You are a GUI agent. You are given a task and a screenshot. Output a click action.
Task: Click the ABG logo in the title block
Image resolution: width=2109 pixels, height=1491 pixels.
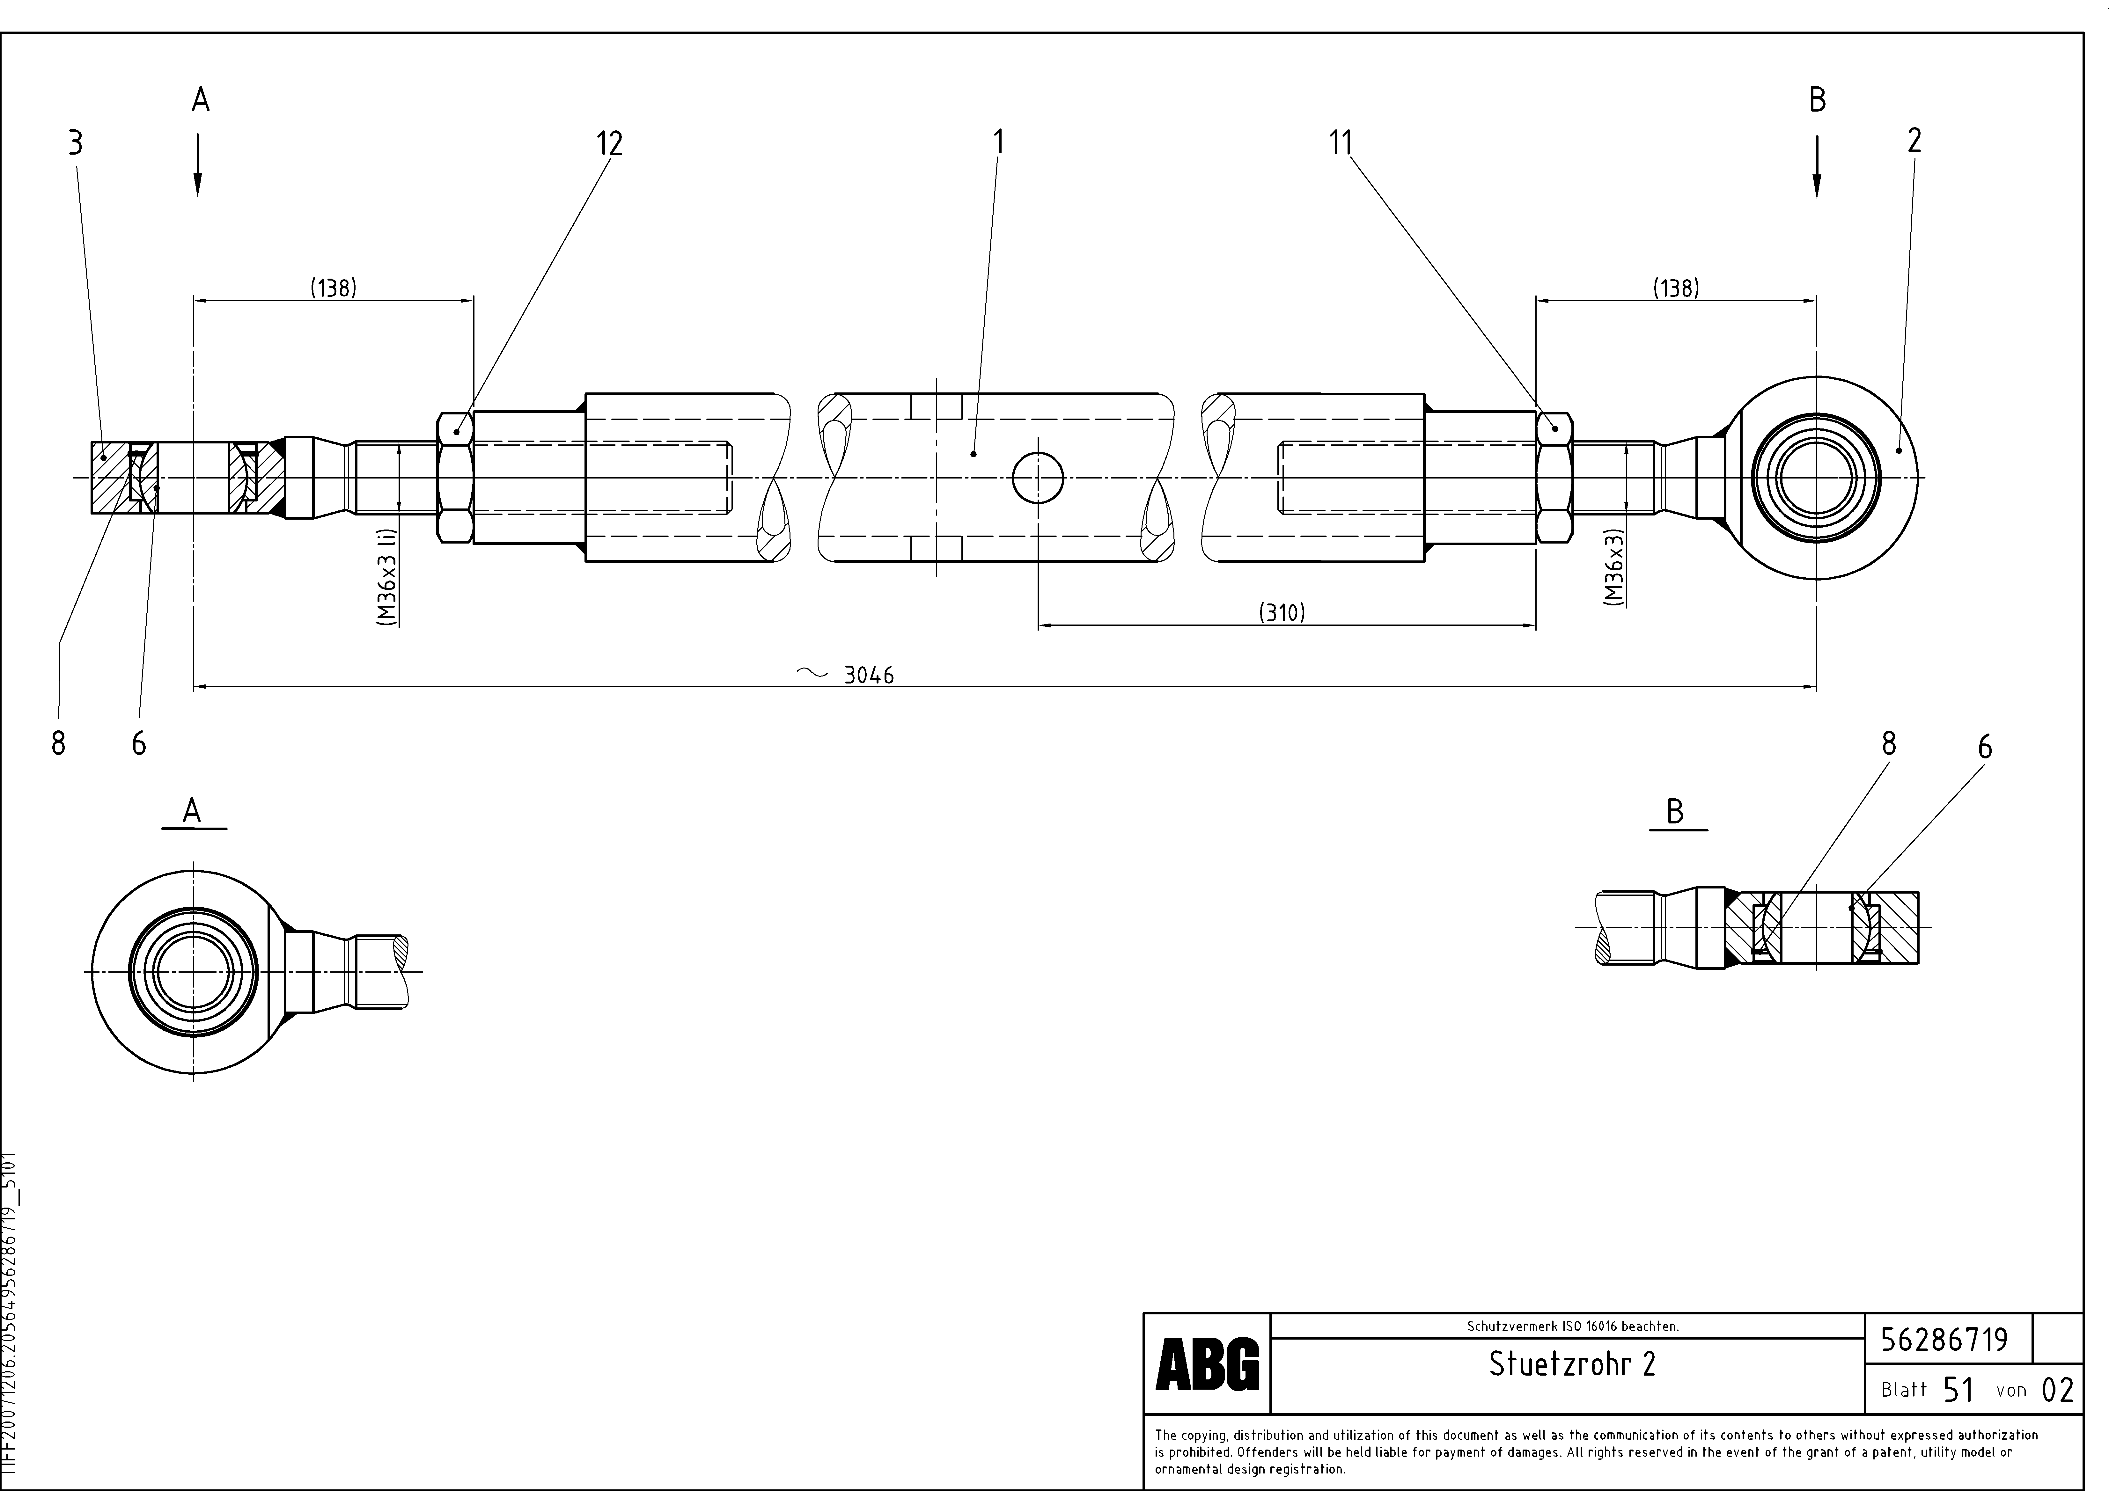(1207, 1364)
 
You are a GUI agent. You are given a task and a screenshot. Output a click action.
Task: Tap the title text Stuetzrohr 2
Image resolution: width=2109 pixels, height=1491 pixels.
(1572, 1364)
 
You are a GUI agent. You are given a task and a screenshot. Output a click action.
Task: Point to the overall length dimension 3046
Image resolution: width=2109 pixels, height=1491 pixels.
(868, 676)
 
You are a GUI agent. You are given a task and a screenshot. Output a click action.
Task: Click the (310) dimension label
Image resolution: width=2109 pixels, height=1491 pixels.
(1282, 612)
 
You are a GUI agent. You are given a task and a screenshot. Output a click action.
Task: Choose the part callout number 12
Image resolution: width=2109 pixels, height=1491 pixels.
(609, 143)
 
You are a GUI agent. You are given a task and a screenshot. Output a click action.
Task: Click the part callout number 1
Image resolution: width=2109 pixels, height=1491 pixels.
(998, 142)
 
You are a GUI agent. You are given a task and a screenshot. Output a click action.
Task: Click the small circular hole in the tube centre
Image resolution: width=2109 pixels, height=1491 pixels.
(1038, 478)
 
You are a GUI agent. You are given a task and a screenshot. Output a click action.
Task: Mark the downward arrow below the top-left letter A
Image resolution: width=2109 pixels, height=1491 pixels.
(197, 165)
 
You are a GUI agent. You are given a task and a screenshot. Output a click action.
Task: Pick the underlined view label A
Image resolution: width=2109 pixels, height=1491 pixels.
(192, 811)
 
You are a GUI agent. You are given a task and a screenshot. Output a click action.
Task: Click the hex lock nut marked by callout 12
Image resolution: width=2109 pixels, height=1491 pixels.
(456, 478)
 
